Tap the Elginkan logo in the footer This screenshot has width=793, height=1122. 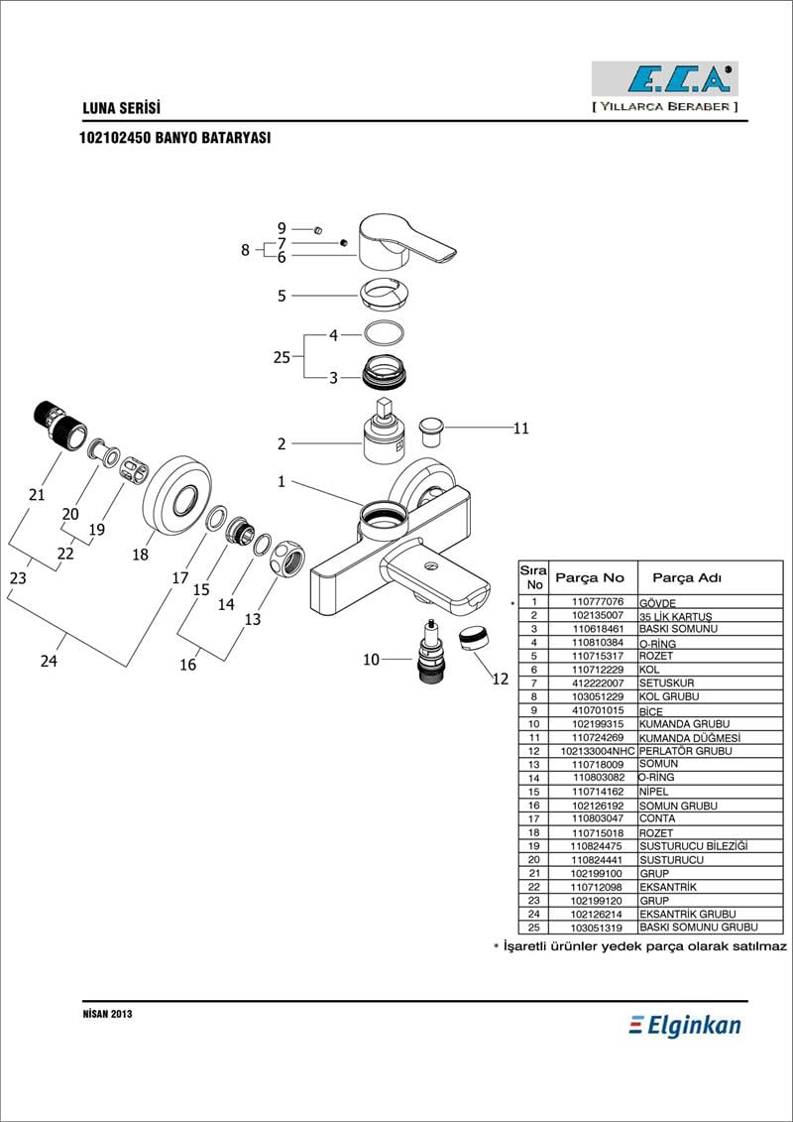coord(685,1026)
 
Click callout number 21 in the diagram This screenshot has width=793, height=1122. coord(37,493)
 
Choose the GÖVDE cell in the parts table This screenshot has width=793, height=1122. coord(657,602)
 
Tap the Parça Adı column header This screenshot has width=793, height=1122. coord(685,577)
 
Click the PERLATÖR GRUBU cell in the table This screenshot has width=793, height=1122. coord(685,751)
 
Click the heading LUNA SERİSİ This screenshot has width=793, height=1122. coord(120,108)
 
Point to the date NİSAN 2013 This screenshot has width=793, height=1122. coord(107,1014)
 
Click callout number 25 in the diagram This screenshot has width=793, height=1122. coord(282,357)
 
